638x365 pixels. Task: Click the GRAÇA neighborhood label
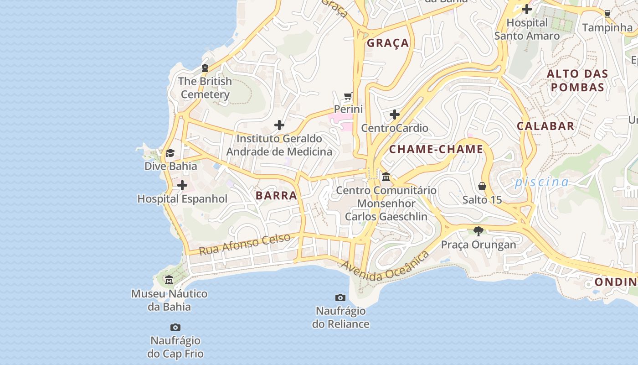388,43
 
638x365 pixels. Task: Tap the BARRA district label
276,196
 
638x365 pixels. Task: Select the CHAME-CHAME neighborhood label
436,149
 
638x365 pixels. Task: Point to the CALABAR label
545,126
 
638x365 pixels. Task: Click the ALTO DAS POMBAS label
577,80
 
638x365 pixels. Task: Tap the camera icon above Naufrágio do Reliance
340,298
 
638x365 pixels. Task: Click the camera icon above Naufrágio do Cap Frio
175,328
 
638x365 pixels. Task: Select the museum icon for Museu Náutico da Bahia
169,280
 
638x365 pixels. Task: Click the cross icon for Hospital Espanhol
182,185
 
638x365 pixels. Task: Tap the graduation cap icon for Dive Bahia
170,153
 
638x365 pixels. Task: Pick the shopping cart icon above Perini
348,96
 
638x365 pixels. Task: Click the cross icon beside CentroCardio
395,115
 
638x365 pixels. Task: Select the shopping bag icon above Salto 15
482,186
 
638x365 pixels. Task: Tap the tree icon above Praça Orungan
478,231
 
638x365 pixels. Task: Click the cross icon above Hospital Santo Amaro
527,9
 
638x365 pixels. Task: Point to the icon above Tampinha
607,14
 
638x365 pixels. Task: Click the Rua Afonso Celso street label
245,245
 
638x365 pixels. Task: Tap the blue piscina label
542,182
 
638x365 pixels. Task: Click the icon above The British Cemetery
205,68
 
